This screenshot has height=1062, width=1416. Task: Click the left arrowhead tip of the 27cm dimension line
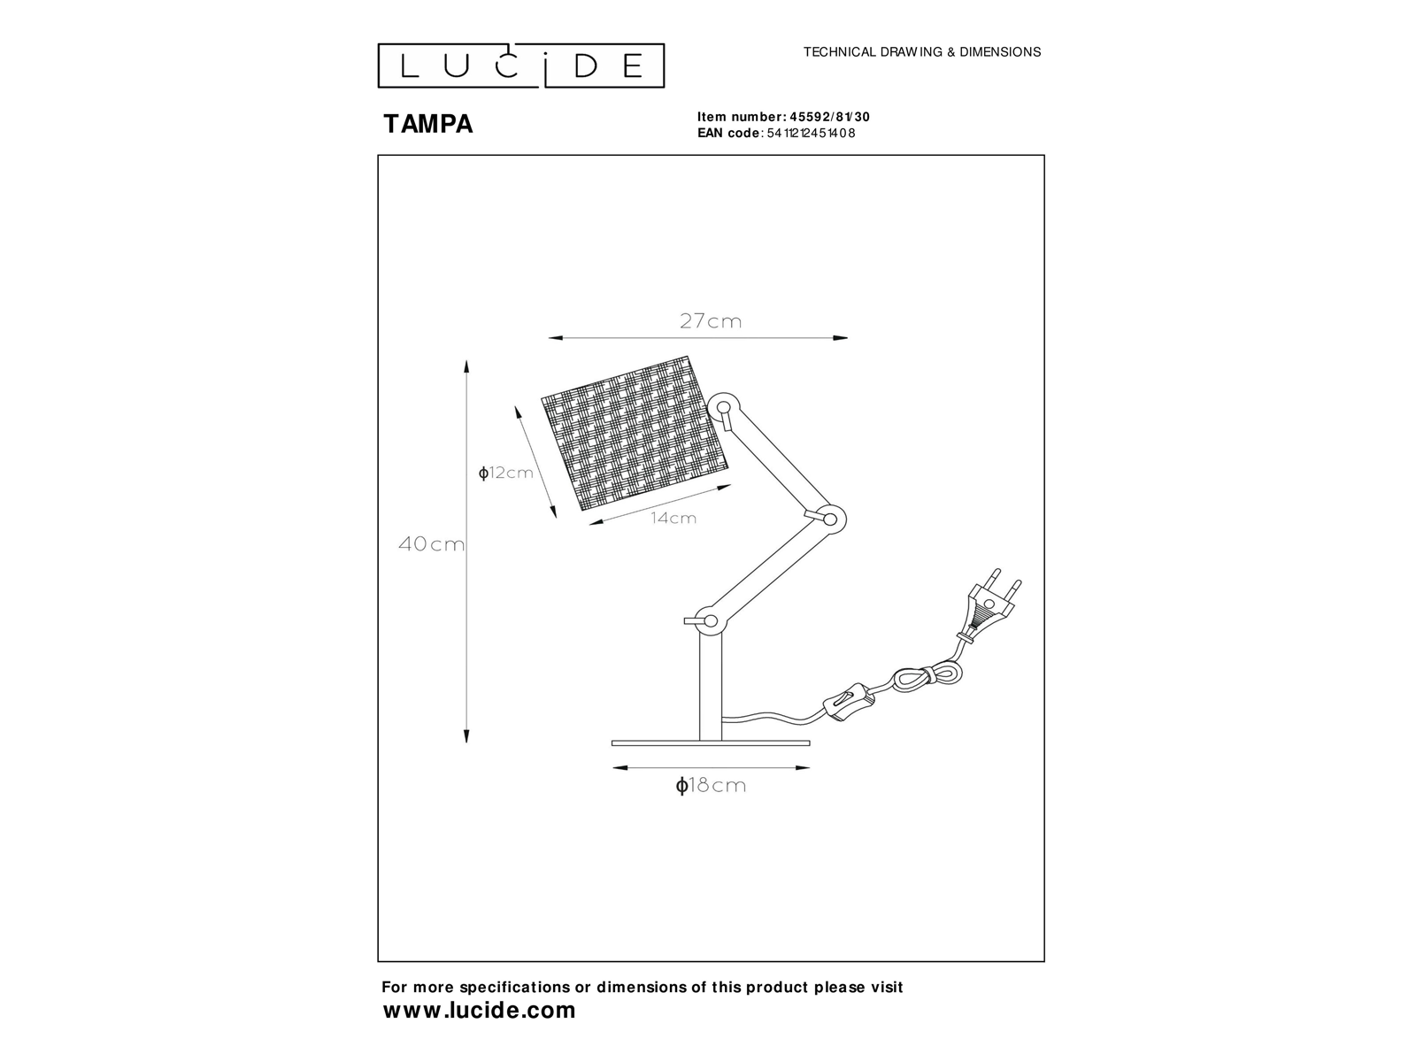(x=549, y=338)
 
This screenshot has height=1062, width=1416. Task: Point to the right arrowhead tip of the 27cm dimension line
(x=848, y=338)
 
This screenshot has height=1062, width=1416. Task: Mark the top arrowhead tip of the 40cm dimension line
(x=466, y=360)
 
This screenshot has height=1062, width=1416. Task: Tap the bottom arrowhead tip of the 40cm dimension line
(x=466, y=743)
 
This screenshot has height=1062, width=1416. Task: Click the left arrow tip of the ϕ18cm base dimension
(x=612, y=768)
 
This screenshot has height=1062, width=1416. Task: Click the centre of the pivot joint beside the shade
(x=724, y=407)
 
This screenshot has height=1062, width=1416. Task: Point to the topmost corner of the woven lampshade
(x=688, y=356)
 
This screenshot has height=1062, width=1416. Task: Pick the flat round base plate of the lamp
(x=711, y=743)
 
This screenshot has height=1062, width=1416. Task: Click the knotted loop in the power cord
(x=927, y=677)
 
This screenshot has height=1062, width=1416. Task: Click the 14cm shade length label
(x=673, y=518)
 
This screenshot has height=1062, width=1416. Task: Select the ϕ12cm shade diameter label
(x=505, y=473)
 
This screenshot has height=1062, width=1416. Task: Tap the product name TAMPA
(x=428, y=124)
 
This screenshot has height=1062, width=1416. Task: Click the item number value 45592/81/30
(x=829, y=117)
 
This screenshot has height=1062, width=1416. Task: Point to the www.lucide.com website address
(x=479, y=1010)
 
